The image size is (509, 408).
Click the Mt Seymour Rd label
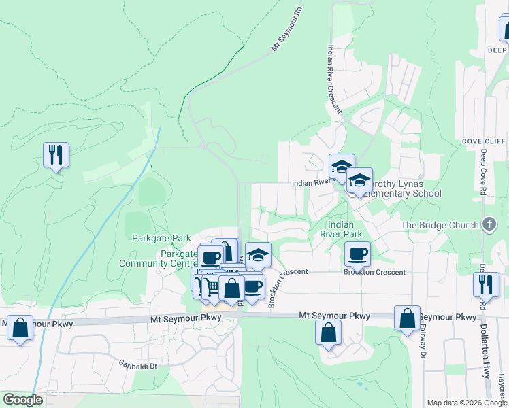[x=286, y=30]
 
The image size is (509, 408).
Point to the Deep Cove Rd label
[x=484, y=174]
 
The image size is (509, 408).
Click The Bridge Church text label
[x=439, y=225]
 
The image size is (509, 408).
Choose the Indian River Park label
[x=344, y=228]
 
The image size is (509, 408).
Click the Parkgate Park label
[x=162, y=239]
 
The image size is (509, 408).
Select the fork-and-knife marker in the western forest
[x=56, y=154]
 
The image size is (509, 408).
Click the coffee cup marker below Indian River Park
[x=357, y=254]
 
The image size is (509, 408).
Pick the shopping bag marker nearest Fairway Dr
[x=407, y=318]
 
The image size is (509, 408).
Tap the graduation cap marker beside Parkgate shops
[x=257, y=255]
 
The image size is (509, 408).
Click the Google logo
[x=22, y=400]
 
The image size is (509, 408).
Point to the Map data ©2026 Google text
[x=466, y=403]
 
